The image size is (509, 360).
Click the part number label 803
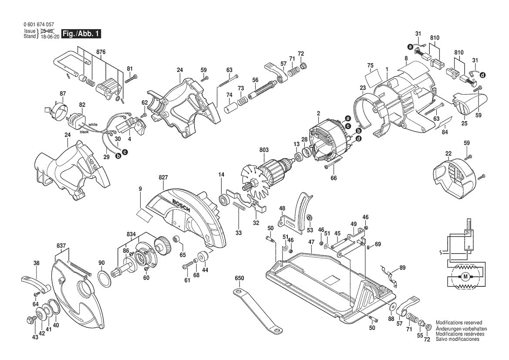click(264, 149)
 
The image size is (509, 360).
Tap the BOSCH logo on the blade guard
click(182, 204)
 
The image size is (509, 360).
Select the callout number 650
click(239, 278)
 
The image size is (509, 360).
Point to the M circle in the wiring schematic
click(465, 277)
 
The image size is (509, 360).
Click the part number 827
click(163, 178)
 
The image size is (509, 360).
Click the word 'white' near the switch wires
click(93, 125)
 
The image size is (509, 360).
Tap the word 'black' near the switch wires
click(84, 132)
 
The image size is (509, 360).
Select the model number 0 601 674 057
click(39, 25)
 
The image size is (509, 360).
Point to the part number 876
click(101, 52)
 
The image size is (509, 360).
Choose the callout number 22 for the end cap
click(448, 153)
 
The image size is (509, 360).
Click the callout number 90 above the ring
click(101, 263)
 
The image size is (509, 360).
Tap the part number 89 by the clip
click(402, 267)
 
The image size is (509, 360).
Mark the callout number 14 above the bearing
click(221, 175)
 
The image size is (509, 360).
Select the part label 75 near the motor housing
click(370, 66)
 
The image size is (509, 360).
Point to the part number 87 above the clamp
click(63, 94)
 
